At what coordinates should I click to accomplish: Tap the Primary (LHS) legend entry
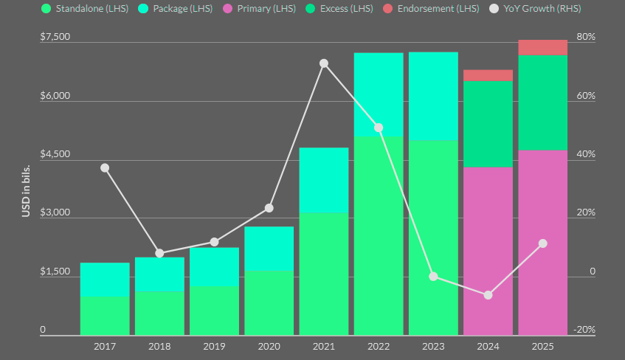point(262,8)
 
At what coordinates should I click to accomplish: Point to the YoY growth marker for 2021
point(323,63)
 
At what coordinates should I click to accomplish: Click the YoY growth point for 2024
point(488,295)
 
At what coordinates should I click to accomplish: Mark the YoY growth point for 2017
point(105,167)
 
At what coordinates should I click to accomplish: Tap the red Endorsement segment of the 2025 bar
point(542,48)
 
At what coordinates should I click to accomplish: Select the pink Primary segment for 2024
point(488,251)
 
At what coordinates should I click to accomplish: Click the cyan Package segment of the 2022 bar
point(378,94)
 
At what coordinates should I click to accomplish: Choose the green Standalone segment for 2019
point(214,310)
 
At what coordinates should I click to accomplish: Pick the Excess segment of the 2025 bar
point(542,103)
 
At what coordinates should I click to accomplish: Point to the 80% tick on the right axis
point(585,37)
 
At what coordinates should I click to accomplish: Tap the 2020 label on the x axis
point(269,346)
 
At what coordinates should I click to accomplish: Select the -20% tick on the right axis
point(584,330)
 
